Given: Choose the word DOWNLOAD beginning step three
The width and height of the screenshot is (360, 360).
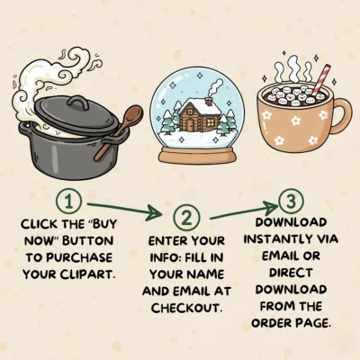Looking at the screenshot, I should [x=290, y=221].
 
